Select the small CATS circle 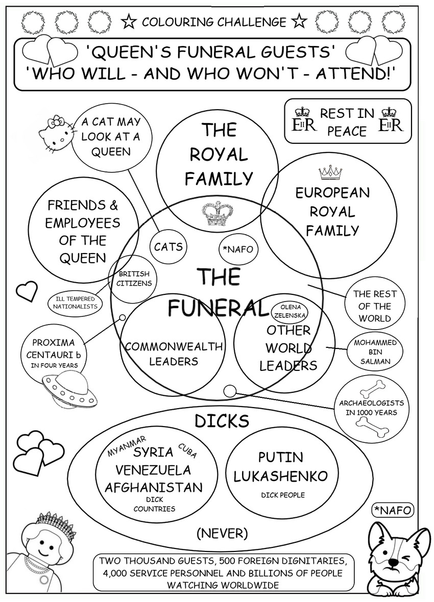coord(168,247)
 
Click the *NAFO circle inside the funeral coord(238,249)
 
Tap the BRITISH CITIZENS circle coord(135,279)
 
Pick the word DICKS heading coord(222,421)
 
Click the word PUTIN coord(280,457)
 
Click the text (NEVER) coord(222,534)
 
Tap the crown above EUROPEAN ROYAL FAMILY coord(330,173)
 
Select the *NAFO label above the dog coord(392,509)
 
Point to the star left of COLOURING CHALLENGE coord(129,22)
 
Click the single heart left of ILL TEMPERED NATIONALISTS coord(27,291)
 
